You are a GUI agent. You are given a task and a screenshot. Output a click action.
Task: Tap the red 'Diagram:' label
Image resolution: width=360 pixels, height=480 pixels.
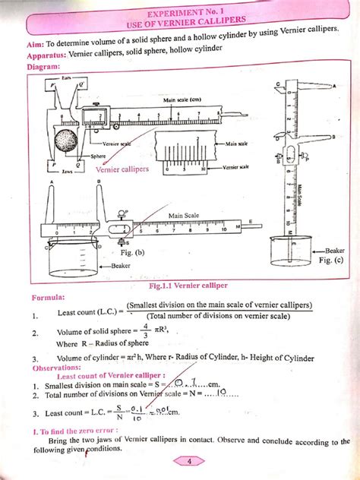tap(44, 67)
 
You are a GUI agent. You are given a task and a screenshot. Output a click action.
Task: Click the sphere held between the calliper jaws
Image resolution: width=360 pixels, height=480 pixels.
tap(66, 143)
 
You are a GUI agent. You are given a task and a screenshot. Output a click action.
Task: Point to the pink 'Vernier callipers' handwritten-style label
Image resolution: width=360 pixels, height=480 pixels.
tap(123, 169)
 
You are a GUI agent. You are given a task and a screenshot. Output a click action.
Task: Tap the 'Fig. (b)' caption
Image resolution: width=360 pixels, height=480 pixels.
tap(133, 252)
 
